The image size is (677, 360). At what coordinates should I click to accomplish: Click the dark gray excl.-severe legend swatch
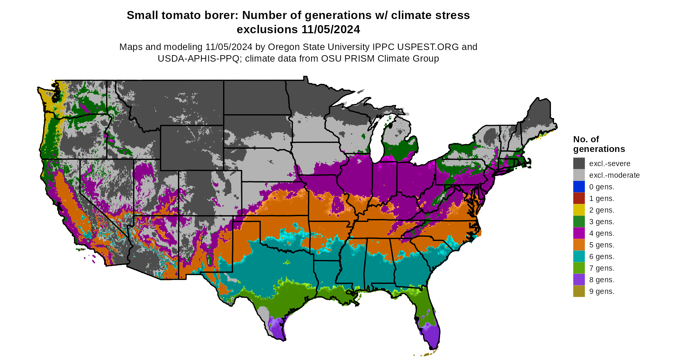tap(579, 164)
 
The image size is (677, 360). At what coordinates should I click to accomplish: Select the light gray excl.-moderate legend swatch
tap(579, 175)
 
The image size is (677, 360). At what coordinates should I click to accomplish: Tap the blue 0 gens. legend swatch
tap(579, 187)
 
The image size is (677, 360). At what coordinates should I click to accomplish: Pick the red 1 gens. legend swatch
tap(579, 198)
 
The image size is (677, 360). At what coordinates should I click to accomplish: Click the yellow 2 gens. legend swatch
tap(579, 210)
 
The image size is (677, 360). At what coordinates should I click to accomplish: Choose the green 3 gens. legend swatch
tap(579, 222)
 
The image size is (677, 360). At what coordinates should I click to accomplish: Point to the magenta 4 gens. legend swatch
tap(579, 233)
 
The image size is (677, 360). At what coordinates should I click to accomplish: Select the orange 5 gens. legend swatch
tap(579, 245)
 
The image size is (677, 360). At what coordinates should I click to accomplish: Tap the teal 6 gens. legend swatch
tap(579, 256)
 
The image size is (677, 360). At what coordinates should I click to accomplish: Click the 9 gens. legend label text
tap(602, 292)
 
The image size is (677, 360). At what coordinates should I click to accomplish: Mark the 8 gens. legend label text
tap(602, 280)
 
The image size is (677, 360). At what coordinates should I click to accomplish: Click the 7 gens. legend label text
tap(602, 268)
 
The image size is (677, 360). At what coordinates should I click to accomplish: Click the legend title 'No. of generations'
tap(599, 144)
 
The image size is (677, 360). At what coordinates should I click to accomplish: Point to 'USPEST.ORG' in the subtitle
tap(428, 47)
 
